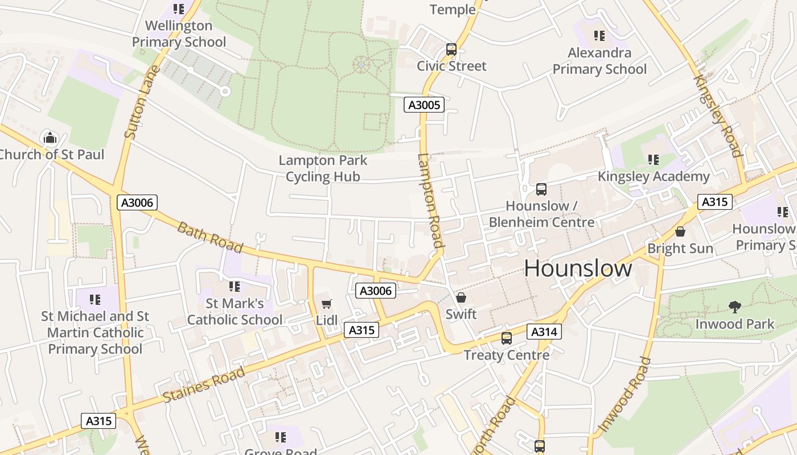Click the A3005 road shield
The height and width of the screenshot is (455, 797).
point(424,105)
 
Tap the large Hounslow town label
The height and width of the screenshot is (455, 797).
point(578,268)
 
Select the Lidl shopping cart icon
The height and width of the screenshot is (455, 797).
point(326,304)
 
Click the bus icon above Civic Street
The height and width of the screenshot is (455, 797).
point(451,49)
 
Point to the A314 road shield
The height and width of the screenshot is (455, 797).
point(544,332)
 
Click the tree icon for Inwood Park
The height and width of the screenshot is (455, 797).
point(735,307)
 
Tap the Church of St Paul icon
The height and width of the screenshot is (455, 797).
point(50,138)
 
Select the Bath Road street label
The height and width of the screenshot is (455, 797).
point(210,238)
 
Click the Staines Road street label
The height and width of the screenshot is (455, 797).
point(204,385)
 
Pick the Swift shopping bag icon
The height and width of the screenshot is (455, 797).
point(461,297)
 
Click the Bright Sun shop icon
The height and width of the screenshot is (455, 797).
point(680,231)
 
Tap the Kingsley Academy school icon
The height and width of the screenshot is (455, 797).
point(653,160)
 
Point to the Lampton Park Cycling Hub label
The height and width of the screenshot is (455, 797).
point(323,168)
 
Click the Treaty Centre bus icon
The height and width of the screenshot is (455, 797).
point(506,338)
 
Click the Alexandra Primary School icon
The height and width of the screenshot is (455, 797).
point(599,36)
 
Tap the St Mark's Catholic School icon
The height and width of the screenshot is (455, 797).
point(235,286)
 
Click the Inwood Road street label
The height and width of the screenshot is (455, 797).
point(624,394)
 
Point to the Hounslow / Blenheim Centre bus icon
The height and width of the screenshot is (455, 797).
point(541,189)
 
